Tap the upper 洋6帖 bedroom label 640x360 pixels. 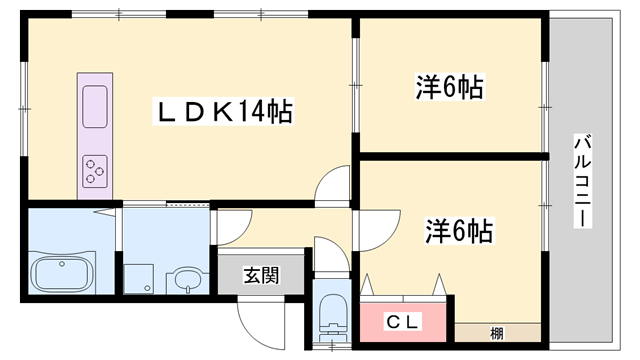(x=449, y=88)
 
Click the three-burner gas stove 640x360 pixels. (x=94, y=170)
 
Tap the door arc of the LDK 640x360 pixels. (x=330, y=185)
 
